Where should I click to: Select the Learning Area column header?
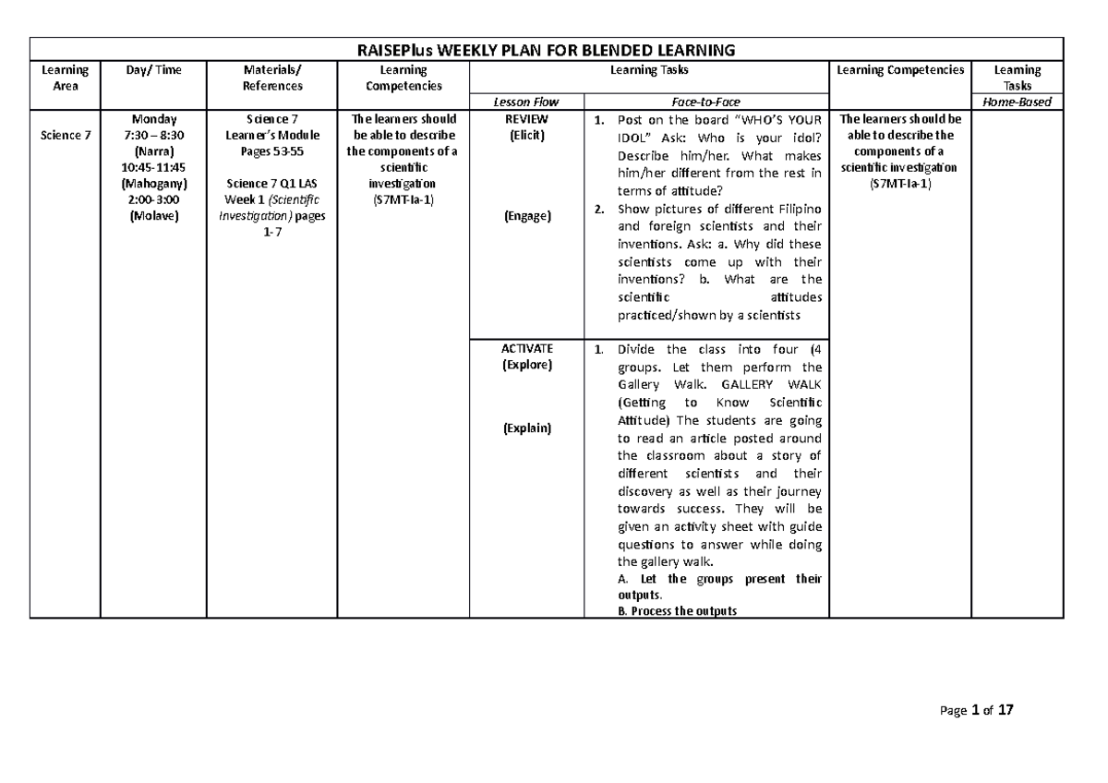tap(65, 78)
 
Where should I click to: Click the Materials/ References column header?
tap(271, 78)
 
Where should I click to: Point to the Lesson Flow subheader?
tap(526, 102)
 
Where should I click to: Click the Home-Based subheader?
tap(1018, 102)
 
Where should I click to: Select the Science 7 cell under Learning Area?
tap(65, 136)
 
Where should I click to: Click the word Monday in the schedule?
tap(154, 119)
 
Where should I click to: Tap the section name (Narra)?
tap(154, 151)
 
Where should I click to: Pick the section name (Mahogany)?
tap(154, 184)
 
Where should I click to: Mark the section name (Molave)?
tap(154, 216)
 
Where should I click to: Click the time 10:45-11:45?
tap(154, 167)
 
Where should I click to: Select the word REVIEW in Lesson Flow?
tap(526, 119)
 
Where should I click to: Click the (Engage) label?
tap(526, 216)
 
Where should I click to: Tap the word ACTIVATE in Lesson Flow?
tap(526, 348)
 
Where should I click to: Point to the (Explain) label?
tap(526, 428)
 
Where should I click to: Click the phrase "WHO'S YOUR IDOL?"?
tap(773, 120)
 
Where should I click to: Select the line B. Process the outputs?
tap(677, 610)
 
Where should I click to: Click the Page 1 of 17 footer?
tap(976, 711)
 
